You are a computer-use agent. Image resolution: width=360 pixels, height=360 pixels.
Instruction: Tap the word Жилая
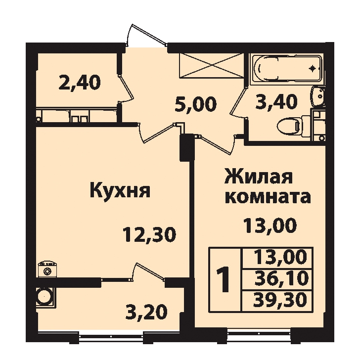pos(259,176)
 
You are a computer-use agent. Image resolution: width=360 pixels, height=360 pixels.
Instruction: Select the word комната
pos(268,197)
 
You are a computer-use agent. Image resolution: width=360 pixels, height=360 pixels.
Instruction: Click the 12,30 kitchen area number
pos(149,234)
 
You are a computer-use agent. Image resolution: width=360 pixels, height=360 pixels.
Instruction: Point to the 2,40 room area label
pos(80,83)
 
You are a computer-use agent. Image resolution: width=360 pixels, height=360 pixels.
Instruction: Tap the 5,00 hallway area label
pos(196,104)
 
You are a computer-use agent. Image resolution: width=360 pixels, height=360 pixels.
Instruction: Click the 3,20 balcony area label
pos(146,313)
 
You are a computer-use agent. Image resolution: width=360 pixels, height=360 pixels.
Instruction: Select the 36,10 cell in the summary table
pos(281,278)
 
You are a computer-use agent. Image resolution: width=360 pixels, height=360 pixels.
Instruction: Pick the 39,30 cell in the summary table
pos(280,299)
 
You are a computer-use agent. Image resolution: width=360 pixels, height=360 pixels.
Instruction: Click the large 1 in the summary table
pos(224,279)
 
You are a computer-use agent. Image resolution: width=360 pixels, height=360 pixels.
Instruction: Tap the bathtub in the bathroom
pos(287,68)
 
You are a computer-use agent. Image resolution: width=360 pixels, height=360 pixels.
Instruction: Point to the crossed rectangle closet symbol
pos(211,65)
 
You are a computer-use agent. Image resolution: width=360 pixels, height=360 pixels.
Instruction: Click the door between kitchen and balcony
pos(148,272)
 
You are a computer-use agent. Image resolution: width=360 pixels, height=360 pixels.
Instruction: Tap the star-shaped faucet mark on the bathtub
pos(313,68)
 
